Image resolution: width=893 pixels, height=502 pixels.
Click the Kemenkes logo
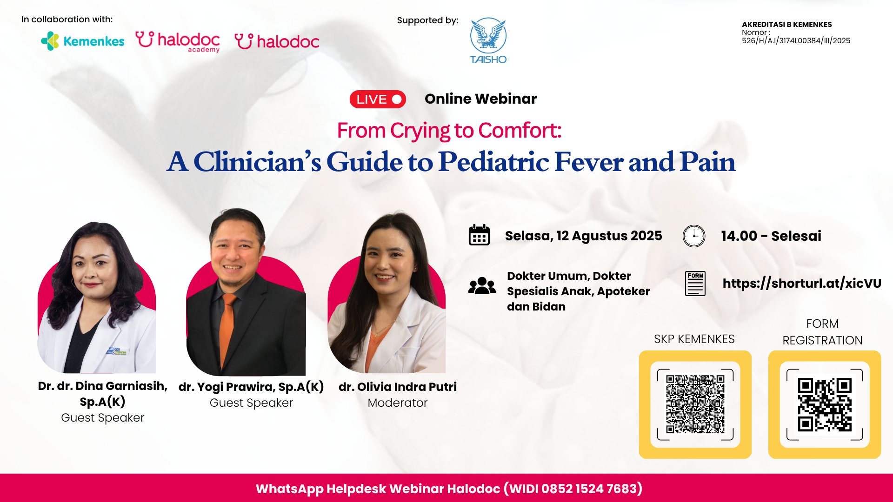[x=83, y=41]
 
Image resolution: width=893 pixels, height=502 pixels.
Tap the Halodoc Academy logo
[x=177, y=42]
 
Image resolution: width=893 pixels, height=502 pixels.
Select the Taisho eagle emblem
[x=488, y=35]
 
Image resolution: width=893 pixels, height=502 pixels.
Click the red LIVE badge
[x=378, y=99]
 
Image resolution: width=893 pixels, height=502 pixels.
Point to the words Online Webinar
[x=480, y=99]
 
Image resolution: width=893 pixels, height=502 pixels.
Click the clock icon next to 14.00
[x=694, y=236]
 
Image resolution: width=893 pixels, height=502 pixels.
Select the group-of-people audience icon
[x=482, y=286]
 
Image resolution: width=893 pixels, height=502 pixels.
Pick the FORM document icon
[x=695, y=284]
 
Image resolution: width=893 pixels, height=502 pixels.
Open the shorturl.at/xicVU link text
[x=802, y=283]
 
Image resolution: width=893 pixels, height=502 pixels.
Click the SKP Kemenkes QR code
[x=695, y=404]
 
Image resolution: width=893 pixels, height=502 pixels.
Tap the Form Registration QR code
[x=825, y=404]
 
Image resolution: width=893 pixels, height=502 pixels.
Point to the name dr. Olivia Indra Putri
[x=398, y=387]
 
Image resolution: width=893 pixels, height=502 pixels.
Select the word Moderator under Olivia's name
[x=398, y=403]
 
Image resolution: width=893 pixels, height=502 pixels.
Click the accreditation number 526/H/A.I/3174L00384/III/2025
[x=796, y=41]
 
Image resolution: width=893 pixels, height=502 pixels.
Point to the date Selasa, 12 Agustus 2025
[x=584, y=236]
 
